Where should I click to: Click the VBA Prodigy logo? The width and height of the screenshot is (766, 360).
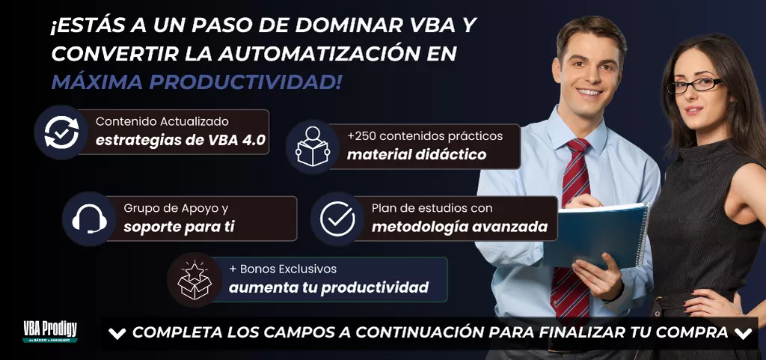click(x=50, y=332)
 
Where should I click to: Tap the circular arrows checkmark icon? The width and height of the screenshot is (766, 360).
click(x=61, y=132)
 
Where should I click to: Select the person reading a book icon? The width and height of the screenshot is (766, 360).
click(x=312, y=146)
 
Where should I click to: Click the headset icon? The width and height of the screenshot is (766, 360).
click(x=90, y=219)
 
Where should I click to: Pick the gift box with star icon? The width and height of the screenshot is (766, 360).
click(x=194, y=280)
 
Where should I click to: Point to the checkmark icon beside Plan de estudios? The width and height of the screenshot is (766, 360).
click(x=337, y=219)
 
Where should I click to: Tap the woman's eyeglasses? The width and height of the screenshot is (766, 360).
click(x=695, y=85)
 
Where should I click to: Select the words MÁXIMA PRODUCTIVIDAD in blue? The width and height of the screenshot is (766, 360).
click(x=197, y=82)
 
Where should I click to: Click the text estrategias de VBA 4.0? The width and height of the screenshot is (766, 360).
click(x=181, y=140)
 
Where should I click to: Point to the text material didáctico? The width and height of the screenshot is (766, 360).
click(x=417, y=155)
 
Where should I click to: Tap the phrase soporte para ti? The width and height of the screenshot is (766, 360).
click(x=179, y=227)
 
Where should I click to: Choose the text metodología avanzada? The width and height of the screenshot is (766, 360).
click(x=460, y=227)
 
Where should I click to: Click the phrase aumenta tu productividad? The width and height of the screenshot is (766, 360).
click(x=329, y=287)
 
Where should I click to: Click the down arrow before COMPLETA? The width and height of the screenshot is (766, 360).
click(x=117, y=334)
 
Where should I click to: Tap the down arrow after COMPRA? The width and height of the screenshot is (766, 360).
click(x=743, y=334)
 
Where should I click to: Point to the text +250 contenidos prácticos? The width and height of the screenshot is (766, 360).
click(x=425, y=135)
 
